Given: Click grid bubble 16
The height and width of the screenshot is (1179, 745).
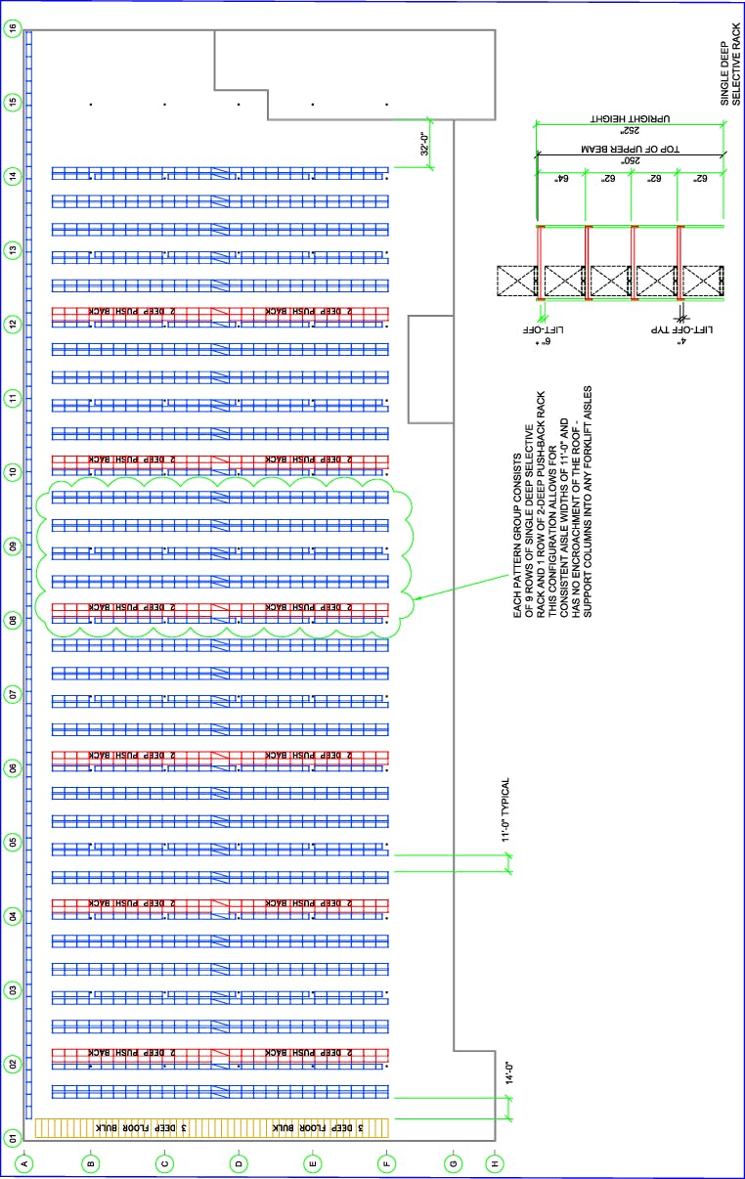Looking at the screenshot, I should click(x=12, y=28).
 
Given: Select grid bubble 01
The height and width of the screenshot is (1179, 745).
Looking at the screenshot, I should click(x=12, y=1138).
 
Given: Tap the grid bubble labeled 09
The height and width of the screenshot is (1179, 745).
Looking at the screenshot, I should click(x=12, y=546).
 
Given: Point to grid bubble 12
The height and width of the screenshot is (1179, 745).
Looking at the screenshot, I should click(x=12, y=324).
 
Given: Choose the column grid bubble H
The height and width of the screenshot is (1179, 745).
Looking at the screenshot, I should click(x=494, y=1163).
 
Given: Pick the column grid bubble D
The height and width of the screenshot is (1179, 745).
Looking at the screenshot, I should click(x=239, y=1163).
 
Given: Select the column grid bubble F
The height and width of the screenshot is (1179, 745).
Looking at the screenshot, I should click(x=387, y=1163).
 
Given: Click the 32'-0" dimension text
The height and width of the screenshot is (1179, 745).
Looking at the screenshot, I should click(x=424, y=144).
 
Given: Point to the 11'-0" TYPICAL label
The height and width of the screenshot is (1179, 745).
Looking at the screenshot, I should click(x=505, y=810).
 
